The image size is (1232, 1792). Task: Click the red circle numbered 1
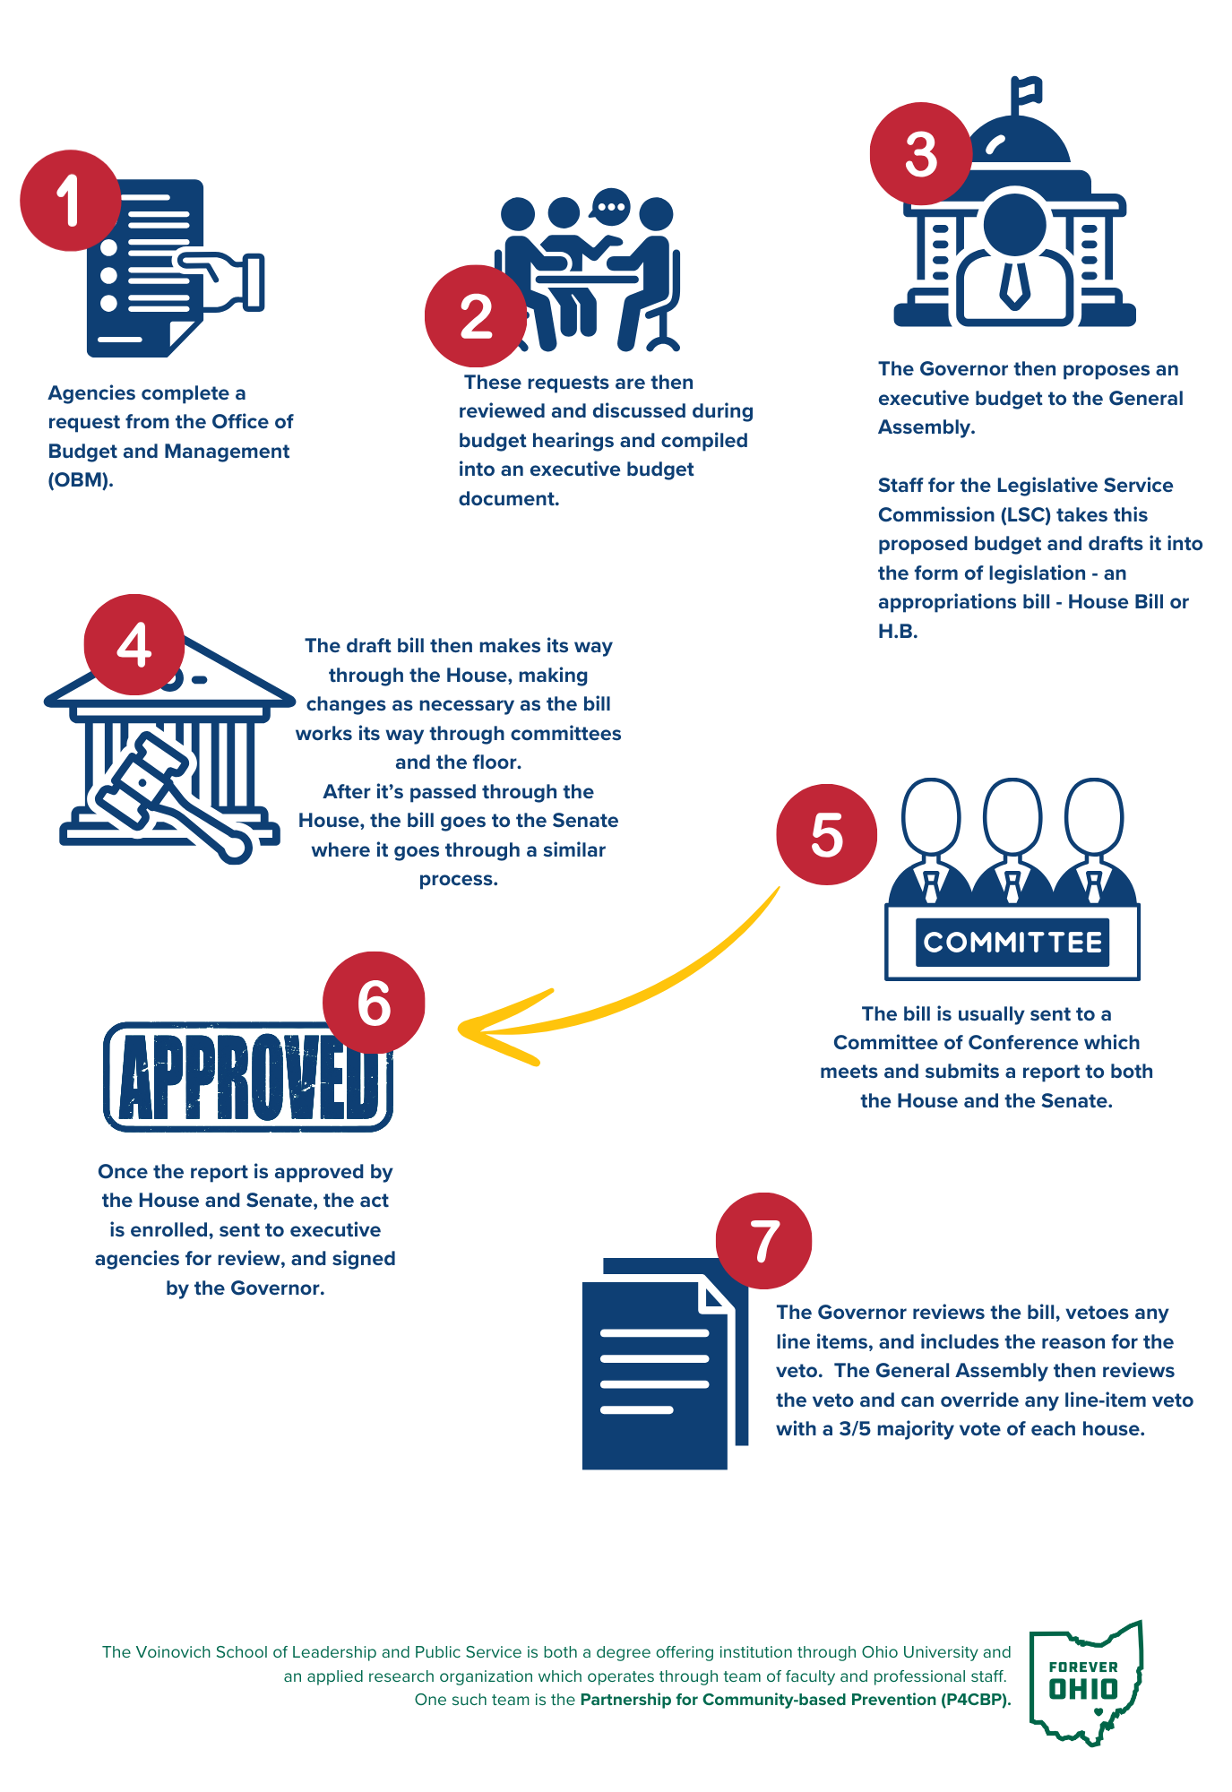coord(71,200)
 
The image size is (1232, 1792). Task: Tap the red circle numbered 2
coord(476,315)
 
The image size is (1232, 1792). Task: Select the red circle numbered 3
coord(921,153)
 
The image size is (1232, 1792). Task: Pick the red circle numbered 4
coord(134,644)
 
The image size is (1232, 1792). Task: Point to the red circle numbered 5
coord(827,834)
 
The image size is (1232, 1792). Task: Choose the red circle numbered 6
coord(374,1002)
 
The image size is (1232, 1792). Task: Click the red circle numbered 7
coord(763,1241)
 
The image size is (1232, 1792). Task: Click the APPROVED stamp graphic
coord(248,1076)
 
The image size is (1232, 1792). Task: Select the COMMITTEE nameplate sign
coord(1012,942)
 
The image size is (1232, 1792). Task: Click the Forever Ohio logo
coord(1085,1683)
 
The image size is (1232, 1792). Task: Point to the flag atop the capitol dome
coord(1027,90)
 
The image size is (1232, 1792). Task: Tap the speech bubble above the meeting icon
coord(611,207)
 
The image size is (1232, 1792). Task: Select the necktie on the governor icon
coord(1014,285)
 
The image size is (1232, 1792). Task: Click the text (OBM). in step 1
coord(81,480)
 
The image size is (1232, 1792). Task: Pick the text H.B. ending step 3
coord(898,631)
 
